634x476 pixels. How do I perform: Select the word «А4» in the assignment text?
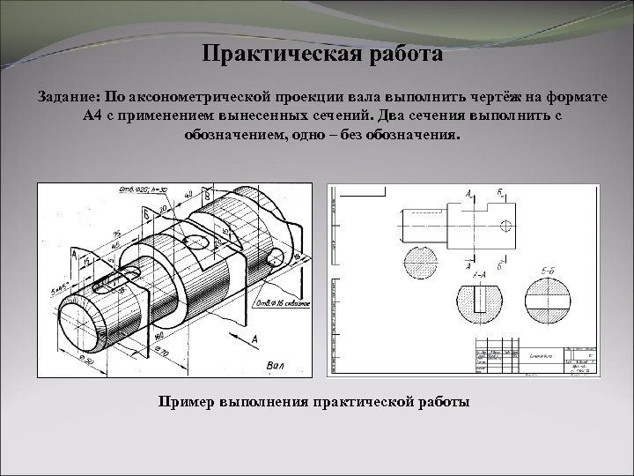pos(94,117)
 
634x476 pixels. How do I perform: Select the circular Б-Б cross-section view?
pos(549,300)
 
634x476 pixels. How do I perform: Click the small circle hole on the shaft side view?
pos(505,225)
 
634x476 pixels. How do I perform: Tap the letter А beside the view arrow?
pos(254,339)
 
